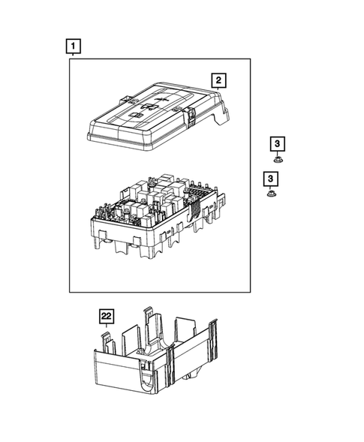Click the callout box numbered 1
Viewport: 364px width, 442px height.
[72, 47]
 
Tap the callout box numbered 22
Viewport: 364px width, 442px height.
[107, 316]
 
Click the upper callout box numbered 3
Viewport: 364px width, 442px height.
[277, 143]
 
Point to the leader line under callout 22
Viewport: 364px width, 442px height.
[107, 328]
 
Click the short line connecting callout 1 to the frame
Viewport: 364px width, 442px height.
[72, 57]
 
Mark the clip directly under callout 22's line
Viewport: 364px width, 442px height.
[107, 339]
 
